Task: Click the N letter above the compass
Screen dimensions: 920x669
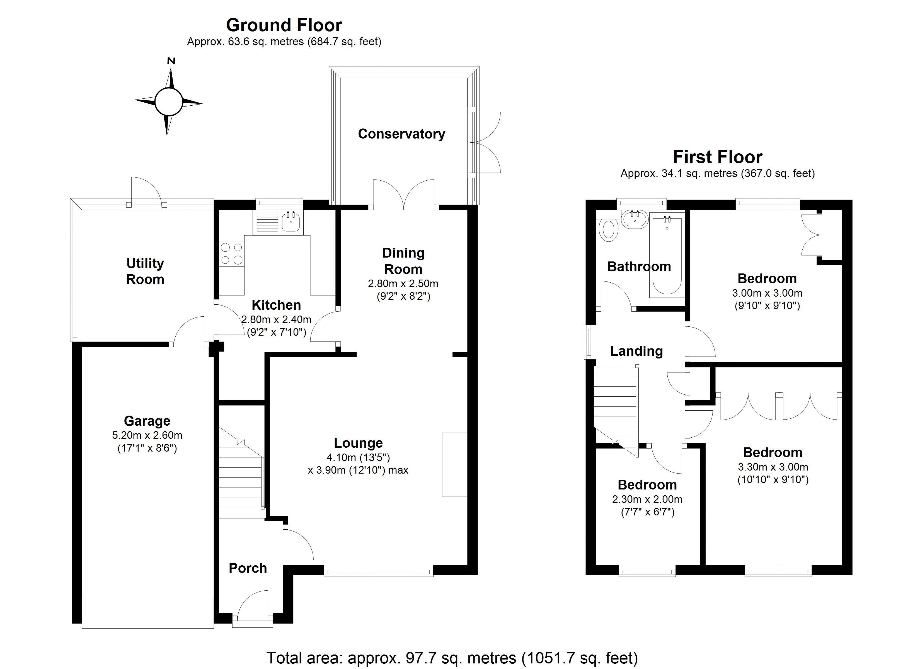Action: click(x=171, y=61)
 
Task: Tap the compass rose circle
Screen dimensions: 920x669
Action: click(x=168, y=102)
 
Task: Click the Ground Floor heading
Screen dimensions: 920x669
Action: click(x=284, y=25)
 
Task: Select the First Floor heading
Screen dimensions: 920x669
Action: click(x=717, y=157)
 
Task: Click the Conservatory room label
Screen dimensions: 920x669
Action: click(x=401, y=134)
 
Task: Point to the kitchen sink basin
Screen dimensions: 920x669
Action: click(x=290, y=222)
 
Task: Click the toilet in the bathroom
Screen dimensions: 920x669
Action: click(x=609, y=230)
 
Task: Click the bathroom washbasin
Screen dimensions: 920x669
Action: click(x=635, y=219)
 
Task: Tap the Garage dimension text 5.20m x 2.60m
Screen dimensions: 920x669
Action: click(x=147, y=435)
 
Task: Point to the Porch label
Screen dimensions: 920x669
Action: click(x=248, y=568)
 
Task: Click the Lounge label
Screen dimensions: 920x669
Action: click(x=358, y=443)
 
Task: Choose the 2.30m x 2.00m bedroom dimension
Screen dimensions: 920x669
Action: click(x=647, y=500)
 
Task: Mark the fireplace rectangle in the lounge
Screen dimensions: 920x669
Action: click(x=454, y=464)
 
